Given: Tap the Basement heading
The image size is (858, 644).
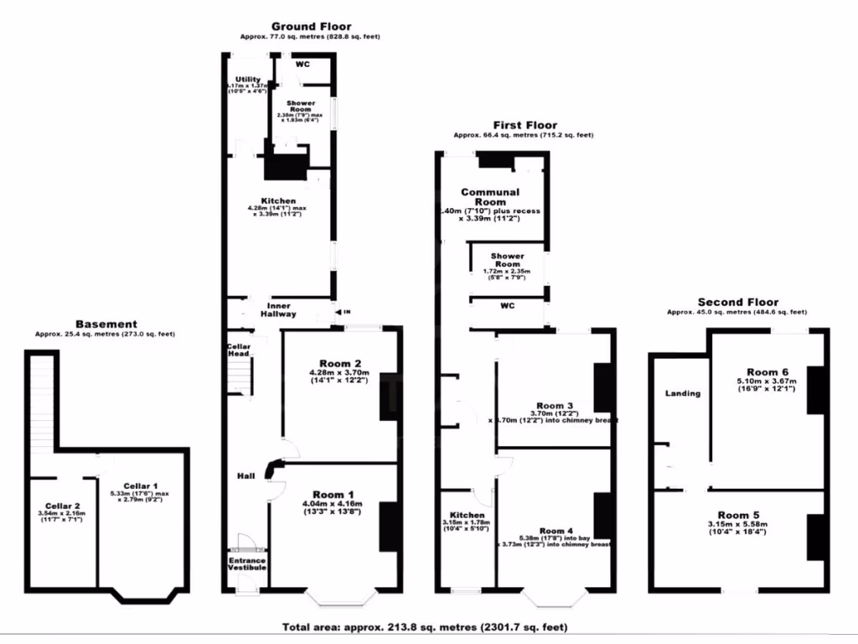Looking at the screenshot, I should point(106,324).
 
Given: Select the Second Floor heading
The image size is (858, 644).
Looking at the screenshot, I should point(737,302).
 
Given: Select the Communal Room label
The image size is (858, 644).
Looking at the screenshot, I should point(490,197).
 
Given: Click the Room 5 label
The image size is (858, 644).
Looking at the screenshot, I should point(739,515).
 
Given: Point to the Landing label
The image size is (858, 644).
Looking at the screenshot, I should point(682,392).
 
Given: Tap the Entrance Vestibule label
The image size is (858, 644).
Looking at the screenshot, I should point(247,564).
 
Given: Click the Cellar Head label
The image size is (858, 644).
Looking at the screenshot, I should point(239,350).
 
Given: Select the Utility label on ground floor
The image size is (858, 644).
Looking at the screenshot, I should point(247,80).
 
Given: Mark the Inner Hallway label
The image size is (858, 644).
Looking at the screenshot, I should point(281,310).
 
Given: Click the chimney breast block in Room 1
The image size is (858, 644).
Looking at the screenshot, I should point(389,527).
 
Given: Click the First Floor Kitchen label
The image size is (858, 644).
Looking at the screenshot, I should point(467,515).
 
